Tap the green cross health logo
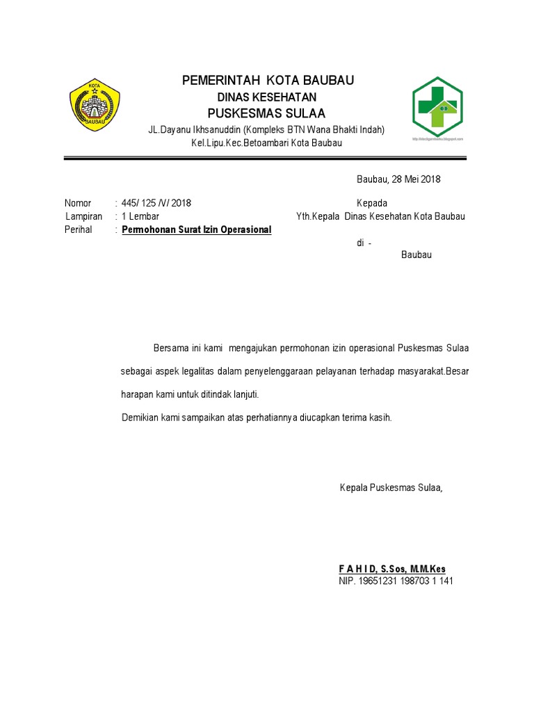coord(437,106)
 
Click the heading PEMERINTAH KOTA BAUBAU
coord(268,81)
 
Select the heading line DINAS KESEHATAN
coord(267,97)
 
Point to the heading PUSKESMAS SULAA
coord(267,113)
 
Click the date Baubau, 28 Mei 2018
coord(398,179)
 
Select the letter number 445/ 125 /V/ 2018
coord(156,203)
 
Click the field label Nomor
coord(78,203)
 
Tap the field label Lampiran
coord(83,216)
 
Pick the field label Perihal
coord(79,229)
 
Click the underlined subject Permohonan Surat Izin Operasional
coord(197,229)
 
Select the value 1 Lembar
coord(140,216)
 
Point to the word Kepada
coord(372,203)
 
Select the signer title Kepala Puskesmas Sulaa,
coord(391,487)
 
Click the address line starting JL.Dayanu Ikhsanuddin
coord(267,129)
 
